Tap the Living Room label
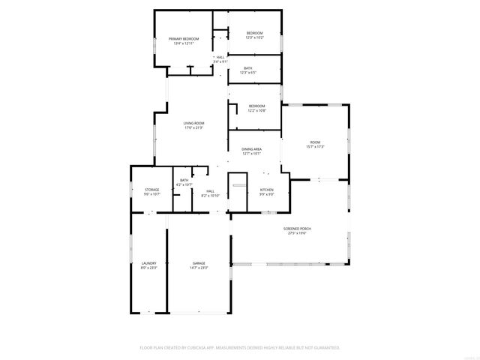[x=194, y=123]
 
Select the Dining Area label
[x=251, y=149]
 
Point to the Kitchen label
[x=266, y=190]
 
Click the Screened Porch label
[x=297, y=228]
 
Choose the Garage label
[x=199, y=263]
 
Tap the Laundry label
[x=148, y=263]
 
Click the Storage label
[x=152, y=190]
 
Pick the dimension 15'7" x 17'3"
[x=314, y=146]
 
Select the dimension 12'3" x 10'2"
[x=255, y=37]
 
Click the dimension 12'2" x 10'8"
[x=257, y=111]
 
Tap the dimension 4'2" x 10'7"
[x=184, y=184]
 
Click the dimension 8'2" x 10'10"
[x=212, y=195]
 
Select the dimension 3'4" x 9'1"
[x=220, y=61]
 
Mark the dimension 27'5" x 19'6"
[x=297, y=233]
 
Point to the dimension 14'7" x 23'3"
[x=199, y=268]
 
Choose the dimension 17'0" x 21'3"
[x=194, y=128]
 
